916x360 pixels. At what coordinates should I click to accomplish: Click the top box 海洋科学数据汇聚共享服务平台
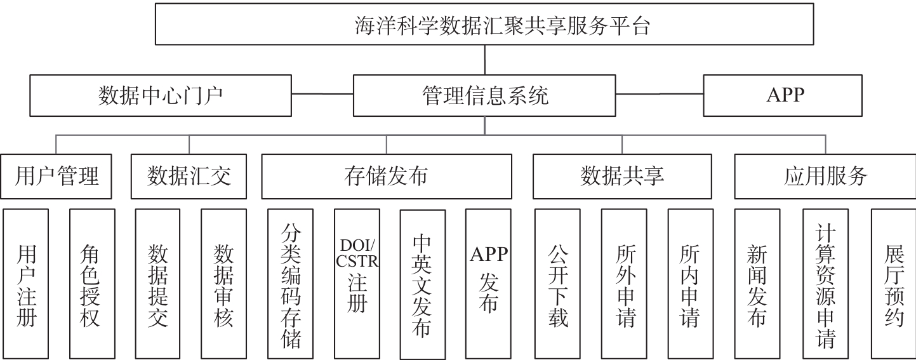(x=484, y=24)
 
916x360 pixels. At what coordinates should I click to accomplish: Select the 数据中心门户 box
(x=161, y=95)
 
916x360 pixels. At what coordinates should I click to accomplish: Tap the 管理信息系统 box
(x=484, y=95)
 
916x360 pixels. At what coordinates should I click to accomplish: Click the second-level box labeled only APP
(x=783, y=95)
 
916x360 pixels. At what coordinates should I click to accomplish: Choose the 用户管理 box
(x=56, y=177)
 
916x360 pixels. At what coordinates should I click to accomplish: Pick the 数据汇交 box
(x=189, y=177)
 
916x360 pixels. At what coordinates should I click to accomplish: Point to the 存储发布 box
(x=387, y=177)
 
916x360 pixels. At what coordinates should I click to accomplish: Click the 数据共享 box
(x=622, y=177)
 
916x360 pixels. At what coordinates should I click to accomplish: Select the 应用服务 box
(x=825, y=177)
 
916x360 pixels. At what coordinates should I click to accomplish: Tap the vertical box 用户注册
(x=26, y=284)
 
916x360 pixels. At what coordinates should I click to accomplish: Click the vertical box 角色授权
(x=93, y=284)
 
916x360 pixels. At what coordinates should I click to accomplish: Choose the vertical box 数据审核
(x=223, y=284)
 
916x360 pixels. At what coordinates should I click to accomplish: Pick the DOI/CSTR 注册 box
(x=357, y=284)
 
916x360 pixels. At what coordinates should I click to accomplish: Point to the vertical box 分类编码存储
(x=290, y=284)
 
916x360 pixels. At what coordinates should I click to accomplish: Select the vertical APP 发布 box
(x=489, y=284)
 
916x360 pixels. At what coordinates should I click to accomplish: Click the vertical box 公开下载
(x=557, y=284)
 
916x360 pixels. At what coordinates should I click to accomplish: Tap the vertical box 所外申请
(x=624, y=284)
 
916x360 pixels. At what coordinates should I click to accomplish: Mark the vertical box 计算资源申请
(x=826, y=284)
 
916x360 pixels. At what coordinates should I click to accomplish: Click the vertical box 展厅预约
(x=894, y=284)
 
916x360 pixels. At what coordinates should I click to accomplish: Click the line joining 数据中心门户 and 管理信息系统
(x=322, y=94)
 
